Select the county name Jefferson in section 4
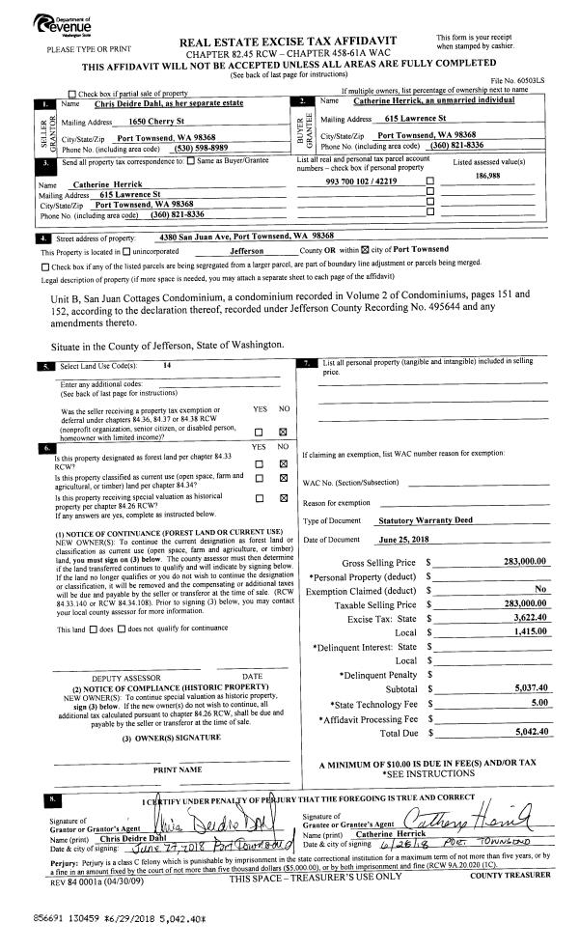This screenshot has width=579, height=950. [254, 249]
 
